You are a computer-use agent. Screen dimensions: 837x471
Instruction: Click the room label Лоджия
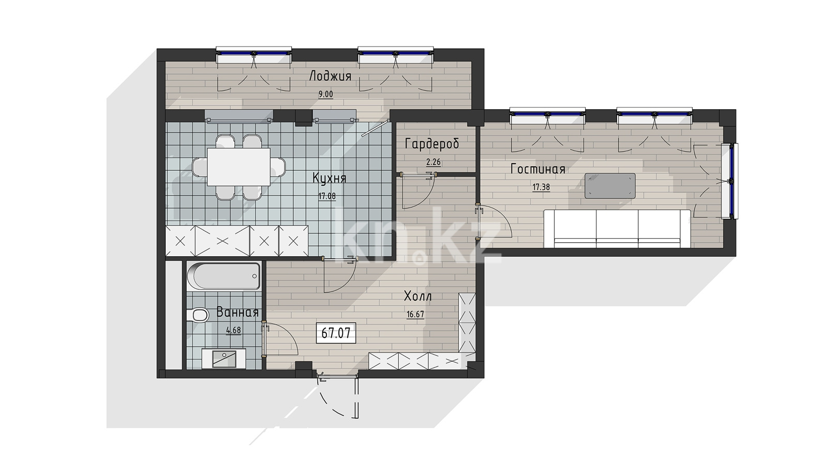[x=331, y=77]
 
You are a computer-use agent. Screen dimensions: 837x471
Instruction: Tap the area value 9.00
[x=325, y=94]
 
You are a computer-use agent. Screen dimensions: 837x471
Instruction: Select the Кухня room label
[x=329, y=178]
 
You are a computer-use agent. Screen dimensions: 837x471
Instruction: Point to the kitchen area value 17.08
[x=327, y=196]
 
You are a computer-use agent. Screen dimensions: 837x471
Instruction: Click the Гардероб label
[x=432, y=144]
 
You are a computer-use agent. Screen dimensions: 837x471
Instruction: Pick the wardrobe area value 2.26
[x=434, y=162]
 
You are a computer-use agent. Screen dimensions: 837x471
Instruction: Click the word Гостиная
[x=537, y=169]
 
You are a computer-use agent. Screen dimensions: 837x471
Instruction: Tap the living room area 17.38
[x=541, y=187]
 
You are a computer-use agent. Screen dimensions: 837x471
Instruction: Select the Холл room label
[x=418, y=297]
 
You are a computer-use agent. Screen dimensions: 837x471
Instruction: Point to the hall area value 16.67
[x=415, y=314]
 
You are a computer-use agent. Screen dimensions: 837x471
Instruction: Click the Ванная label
[x=237, y=313]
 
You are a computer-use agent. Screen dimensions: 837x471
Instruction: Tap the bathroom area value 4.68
[x=233, y=330]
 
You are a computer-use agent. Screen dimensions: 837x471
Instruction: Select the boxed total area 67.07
[x=336, y=333]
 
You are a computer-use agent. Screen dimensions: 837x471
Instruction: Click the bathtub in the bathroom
[x=223, y=276]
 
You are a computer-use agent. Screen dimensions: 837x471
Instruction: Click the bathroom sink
[x=223, y=358]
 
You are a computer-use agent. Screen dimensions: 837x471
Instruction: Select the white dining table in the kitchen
[x=238, y=167]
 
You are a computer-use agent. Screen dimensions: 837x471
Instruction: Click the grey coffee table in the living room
[x=610, y=186]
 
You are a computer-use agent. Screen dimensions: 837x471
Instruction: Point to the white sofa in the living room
[x=617, y=229]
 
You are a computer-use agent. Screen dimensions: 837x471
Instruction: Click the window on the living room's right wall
[x=730, y=181]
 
